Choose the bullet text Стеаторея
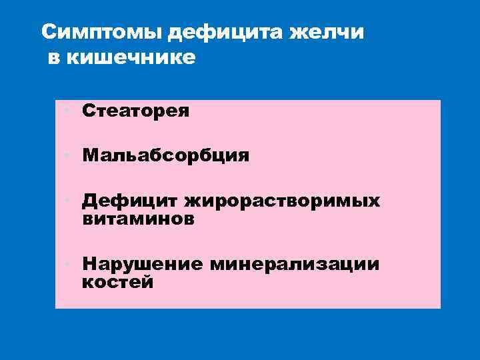tap(136, 111)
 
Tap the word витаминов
tap(139, 219)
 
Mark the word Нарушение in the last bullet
tap(142, 264)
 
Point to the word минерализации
tap(294, 264)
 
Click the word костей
tap(118, 282)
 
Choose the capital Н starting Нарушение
tap(89, 264)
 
